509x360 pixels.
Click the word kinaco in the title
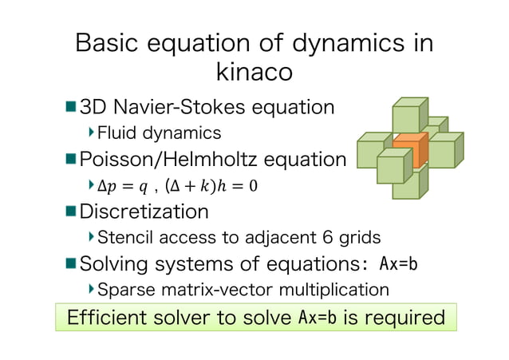coord(254,72)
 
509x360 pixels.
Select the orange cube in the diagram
coord(409,149)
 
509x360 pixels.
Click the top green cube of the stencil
coord(410,114)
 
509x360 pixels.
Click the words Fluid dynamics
coord(159,132)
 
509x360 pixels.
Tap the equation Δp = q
coord(121,186)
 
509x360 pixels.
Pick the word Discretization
coord(144,212)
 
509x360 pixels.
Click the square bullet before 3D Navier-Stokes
coord(70,106)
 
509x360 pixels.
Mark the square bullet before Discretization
coord(70,212)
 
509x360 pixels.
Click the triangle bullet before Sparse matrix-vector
coord(91,288)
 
